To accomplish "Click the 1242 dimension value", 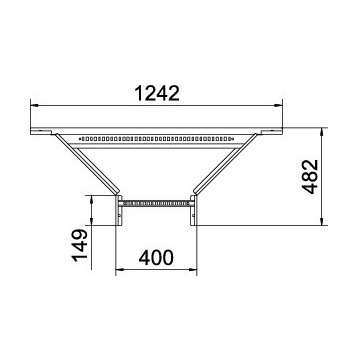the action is (157, 93).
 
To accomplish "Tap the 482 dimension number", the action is (311, 177).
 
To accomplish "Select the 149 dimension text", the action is (79, 245).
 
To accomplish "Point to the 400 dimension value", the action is (156, 258).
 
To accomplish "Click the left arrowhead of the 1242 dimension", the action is (34, 105).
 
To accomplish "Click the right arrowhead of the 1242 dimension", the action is (278, 105).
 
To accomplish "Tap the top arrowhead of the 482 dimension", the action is (322, 132).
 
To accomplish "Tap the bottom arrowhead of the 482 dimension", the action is (322, 221).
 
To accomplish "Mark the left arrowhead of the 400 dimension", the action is (119, 269).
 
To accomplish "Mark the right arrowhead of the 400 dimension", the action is (193, 269).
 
